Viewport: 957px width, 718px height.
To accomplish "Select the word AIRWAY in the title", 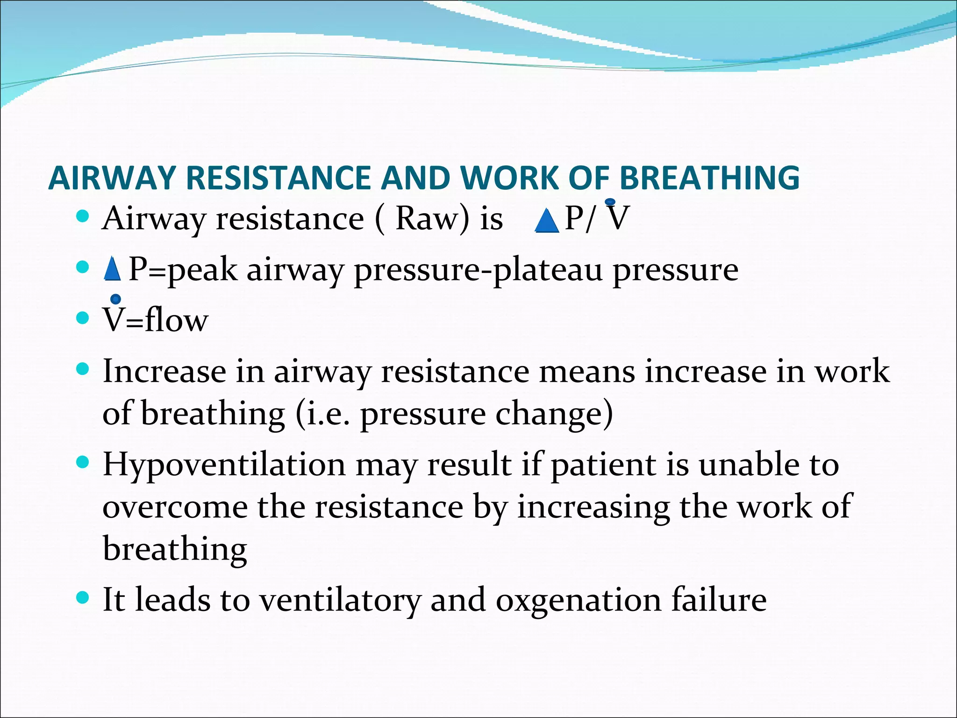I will pos(112,178).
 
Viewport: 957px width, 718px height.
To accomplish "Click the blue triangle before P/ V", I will pos(546,221).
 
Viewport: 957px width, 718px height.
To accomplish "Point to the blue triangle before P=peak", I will pos(112,269).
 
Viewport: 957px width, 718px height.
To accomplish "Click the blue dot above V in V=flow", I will pos(115,299).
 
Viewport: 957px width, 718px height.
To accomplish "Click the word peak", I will pos(202,270).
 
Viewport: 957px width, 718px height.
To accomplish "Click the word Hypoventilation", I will pos(224,465).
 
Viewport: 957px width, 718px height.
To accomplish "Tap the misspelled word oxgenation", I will pos(578,600).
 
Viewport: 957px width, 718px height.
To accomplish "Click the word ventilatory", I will pos(340,600).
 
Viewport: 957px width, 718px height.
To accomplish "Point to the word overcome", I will pos(175,507).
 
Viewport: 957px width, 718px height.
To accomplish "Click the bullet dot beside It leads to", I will pos(82,597).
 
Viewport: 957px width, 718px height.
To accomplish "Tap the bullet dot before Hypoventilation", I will pos(82,463).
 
